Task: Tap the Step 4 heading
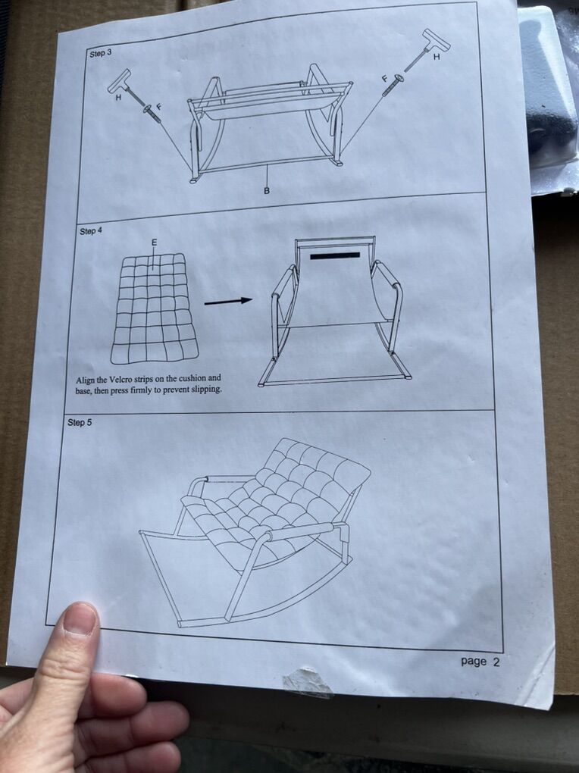[91, 230]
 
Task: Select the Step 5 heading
[80, 422]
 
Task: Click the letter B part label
[267, 190]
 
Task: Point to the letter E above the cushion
[155, 243]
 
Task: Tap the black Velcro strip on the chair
[336, 255]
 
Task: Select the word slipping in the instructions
[205, 390]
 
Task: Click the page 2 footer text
[480, 662]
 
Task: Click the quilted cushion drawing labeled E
[155, 308]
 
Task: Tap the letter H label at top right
[436, 57]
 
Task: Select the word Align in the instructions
[86, 380]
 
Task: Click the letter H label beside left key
[118, 98]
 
